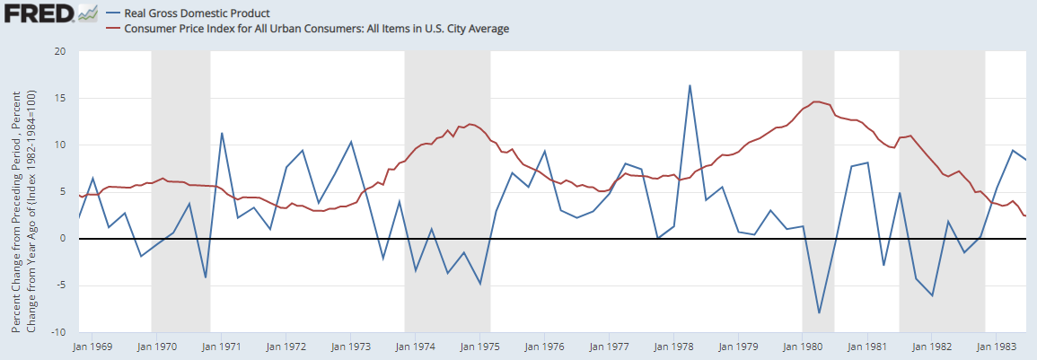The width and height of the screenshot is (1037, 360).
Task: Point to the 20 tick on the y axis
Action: pyautogui.click(x=60, y=51)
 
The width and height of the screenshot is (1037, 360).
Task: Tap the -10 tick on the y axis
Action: pyautogui.click(x=58, y=332)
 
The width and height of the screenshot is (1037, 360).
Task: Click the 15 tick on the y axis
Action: pyautogui.click(x=60, y=98)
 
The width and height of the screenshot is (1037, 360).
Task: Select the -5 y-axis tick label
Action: pyautogui.click(x=61, y=285)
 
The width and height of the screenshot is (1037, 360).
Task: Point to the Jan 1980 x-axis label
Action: pyautogui.click(x=802, y=346)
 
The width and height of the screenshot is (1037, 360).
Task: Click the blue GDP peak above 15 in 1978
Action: pyautogui.click(x=690, y=86)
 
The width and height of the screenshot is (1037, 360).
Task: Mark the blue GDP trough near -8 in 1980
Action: pyautogui.click(x=819, y=312)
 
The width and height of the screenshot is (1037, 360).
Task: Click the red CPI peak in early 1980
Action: pyautogui.click(x=815, y=101)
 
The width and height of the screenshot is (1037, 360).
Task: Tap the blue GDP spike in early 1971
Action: pyautogui.click(x=222, y=134)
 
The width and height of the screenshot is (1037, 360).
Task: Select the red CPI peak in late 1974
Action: pyautogui.click(x=471, y=124)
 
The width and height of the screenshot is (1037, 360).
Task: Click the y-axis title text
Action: pyautogui.click(x=24, y=211)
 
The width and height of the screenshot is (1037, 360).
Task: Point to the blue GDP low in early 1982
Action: pyautogui.click(x=933, y=295)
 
